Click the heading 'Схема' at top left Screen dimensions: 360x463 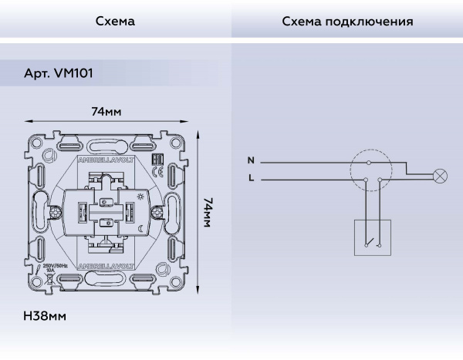click(115, 21)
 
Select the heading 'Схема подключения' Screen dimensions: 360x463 click(346, 21)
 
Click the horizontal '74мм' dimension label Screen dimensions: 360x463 click(106, 112)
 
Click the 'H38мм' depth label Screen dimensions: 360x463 click(46, 316)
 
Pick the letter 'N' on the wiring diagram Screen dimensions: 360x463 click(250, 161)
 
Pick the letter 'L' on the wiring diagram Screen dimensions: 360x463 click(250, 179)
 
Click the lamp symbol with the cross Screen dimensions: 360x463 click(441, 176)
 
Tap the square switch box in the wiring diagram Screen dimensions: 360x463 click(373, 237)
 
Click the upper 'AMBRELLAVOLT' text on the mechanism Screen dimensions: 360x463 click(107, 160)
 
